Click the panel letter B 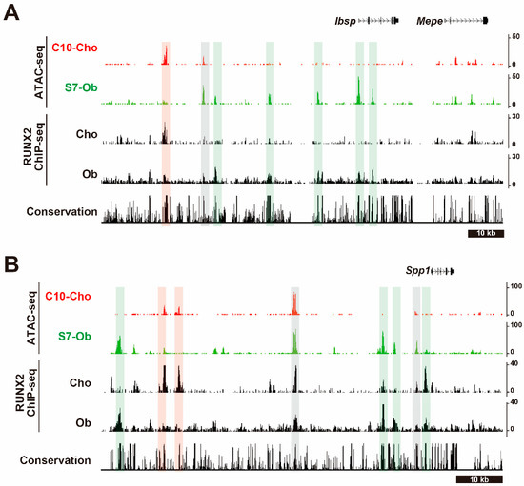tap(13, 260)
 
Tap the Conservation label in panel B tap(54, 460)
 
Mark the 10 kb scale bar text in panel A tap(484, 232)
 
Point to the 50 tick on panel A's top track tap(514, 35)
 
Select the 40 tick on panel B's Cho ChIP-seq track tap(514, 364)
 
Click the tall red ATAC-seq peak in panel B tap(295, 302)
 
